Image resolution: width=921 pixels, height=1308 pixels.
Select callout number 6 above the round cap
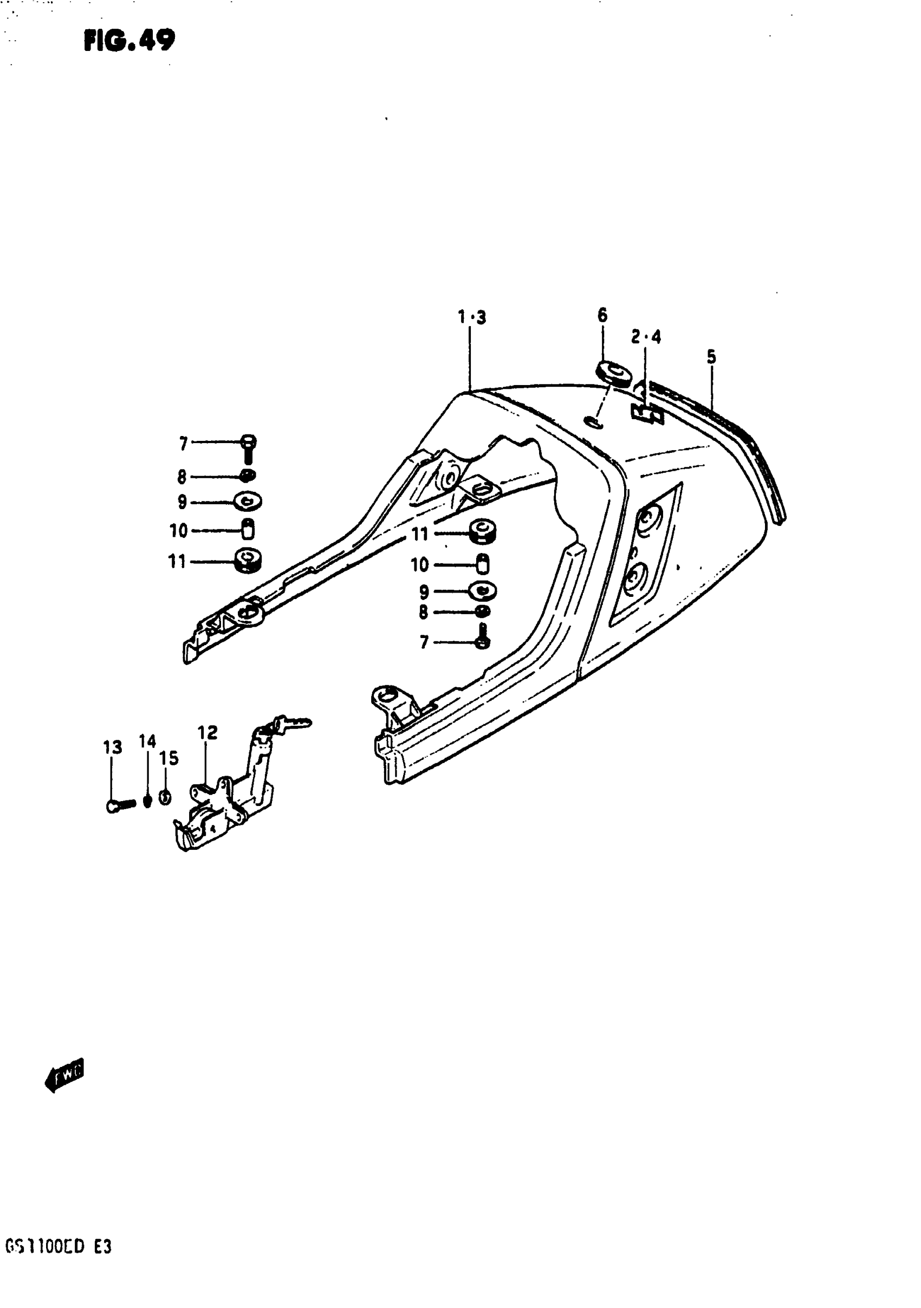[602, 315]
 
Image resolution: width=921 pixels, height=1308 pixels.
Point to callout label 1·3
[472, 317]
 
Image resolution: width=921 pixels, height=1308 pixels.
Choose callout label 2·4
[646, 337]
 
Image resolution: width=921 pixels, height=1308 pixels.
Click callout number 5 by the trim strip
[711, 357]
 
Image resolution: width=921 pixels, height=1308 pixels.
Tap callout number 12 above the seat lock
[207, 732]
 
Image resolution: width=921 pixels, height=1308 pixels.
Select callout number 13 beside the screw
[112, 747]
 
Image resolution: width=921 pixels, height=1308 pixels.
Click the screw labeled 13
[120, 805]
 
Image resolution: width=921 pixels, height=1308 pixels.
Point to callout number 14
[147, 741]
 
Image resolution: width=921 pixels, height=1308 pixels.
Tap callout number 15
[168, 758]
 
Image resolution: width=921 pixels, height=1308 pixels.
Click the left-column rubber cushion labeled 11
[248, 561]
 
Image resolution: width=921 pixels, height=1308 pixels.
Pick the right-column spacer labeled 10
[483, 564]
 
